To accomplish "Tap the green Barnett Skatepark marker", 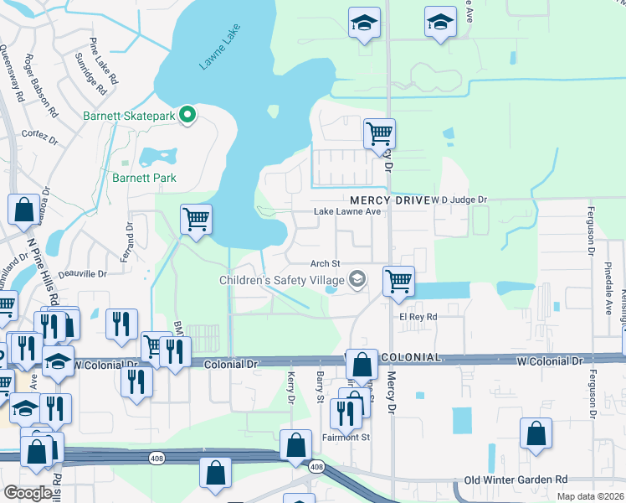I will point(188,115).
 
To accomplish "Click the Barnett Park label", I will point(145,178).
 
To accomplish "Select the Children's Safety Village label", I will point(283,279).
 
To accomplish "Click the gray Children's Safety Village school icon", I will point(357,278).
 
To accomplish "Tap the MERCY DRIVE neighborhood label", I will point(388,200).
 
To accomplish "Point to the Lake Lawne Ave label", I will point(347,212).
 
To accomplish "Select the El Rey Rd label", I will point(418,317).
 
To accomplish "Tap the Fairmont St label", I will point(346,438).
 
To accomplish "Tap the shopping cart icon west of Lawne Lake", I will point(195,220).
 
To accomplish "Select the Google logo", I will point(28,493).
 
